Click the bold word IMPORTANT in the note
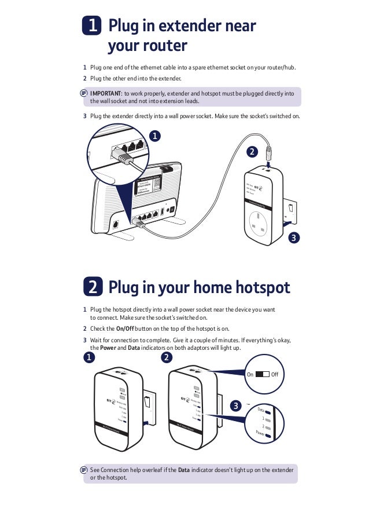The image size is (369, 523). tap(105, 93)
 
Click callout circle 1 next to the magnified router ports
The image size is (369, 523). tap(154, 136)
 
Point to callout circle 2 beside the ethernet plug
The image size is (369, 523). tap(252, 152)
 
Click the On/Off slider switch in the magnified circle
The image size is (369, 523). tap(262, 374)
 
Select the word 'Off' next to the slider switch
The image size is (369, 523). tap(275, 375)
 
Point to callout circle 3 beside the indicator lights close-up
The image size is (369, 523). tap(235, 406)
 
